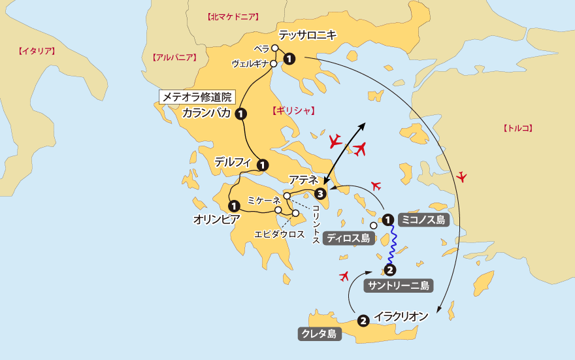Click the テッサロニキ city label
(x=307, y=35)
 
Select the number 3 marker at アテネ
(x=320, y=193)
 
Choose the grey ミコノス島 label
(x=422, y=220)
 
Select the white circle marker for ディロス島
(x=373, y=225)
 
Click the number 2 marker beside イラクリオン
(x=363, y=320)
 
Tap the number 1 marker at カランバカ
(x=241, y=114)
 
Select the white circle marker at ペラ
(x=275, y=48)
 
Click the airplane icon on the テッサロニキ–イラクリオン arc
(x=462, y=176)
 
